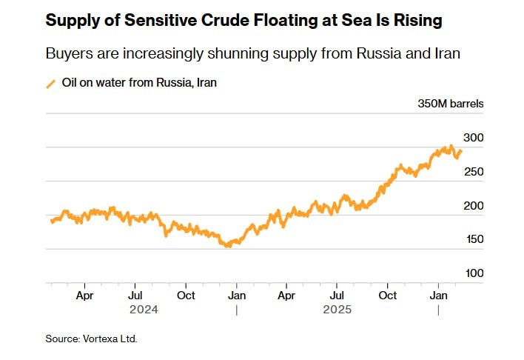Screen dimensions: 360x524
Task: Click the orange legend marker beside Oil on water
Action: pyautogui.click(x=51, y=83)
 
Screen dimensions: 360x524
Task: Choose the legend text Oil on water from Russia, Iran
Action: pyautogui.click(x=140, y=83)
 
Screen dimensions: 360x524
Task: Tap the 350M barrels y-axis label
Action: pyautogui.click(x=451, y=104)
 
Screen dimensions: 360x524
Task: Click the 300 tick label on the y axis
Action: pyautogui.click(x=473, y=138)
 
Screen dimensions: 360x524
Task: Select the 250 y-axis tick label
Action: pyautogui.click(x=473, y=172)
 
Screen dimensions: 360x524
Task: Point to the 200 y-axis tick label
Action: pyautogui.click(x=473, y=206)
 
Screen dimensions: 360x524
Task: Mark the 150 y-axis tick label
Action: pyautogui.click(x=473, y=239)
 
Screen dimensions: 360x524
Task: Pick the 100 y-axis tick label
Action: pyautogui.click(x=473, y=273)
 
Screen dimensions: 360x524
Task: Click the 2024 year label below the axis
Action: pyautogui.click(x=144, y=309)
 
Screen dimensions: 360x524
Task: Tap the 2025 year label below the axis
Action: pyautogui.click(x=337, y=309)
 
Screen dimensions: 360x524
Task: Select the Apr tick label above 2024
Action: pyautogui.click(x=84, y=295)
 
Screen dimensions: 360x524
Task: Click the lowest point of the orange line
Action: pyautogui.click(x=228, y=245)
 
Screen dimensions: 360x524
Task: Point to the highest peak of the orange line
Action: pyautogui.click(x=450, y=147)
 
